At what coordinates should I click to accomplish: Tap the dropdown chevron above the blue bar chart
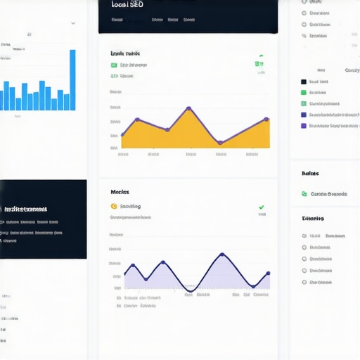(x=73, y=22)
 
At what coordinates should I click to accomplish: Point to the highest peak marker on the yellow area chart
(x=189, y=108)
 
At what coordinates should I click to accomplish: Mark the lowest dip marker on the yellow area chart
(x=220, y=143)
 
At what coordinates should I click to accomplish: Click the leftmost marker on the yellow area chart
(x=122, y=134)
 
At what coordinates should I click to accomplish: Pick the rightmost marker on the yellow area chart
(x=266, y=120)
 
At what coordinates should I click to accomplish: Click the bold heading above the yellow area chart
(x=124, y=53)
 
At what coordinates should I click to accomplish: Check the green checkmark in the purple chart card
(x=262, y=207)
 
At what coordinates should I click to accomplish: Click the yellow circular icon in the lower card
(x=114, y=206)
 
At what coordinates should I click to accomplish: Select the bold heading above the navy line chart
(x=120, y=192)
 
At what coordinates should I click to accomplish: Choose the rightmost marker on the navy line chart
(x=268, y=274)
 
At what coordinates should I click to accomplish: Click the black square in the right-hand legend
(x=304, y=82)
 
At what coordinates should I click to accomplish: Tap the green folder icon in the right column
(x=304, y=194)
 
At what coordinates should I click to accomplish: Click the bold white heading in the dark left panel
(x=25, y=209)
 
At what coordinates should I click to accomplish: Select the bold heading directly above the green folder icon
(x=310, y=173)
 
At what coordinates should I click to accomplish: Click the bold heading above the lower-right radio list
(x=313, y=219)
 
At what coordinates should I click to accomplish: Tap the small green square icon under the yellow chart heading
(x=114, y=65)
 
